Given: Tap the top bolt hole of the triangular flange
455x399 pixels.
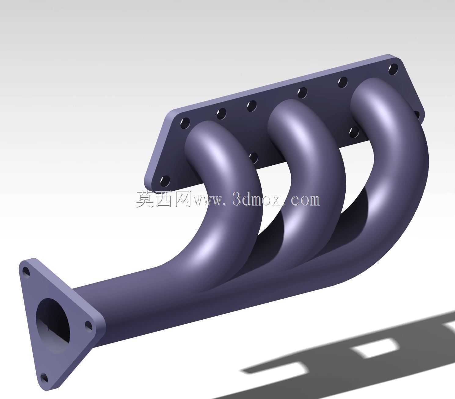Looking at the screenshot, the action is pos(26,272).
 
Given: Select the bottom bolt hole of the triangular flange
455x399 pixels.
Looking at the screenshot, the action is pos(44,378).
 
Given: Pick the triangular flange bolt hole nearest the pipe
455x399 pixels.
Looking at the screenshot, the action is pos(89,326).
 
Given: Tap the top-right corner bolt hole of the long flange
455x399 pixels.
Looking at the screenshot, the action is pos(393,69).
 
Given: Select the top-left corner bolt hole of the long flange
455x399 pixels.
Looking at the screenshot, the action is pos(185,124).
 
